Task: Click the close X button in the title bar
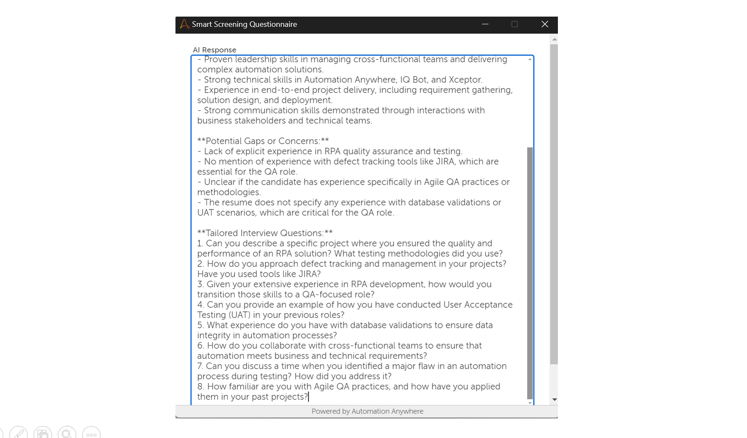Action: pyautogui.click(x=545, y=24)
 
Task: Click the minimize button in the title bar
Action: pyautogui.click(x=485, y=24)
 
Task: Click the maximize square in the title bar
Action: pyautogui.click(x=514, y=24)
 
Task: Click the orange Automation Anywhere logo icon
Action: pyautogui.click(x=184, y=24)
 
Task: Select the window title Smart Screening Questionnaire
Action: pyautogui.click(x=244, y=24)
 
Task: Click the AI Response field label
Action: pyautogui.click(x=214, y=50)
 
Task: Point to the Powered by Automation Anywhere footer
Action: pyautogui.click(x=367, y=411)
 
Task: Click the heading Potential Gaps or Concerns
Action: pyautogui.click(x=263, y=141)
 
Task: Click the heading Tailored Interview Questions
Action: pyautogui.click(x=265, y=233)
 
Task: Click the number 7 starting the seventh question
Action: pyautogui.click(x=200, y=366)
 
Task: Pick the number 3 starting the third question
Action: pyautogui.click(x=200, y=284)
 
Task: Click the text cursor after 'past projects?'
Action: pyautogui.click(x=308, y=397)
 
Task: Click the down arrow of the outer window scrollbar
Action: pyautogui.click(x=554, y=399)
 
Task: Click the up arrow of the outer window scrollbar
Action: pyautogui.click(x=554, y=39)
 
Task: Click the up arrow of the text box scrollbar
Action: pyautogui.click(x=530, y=60)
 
